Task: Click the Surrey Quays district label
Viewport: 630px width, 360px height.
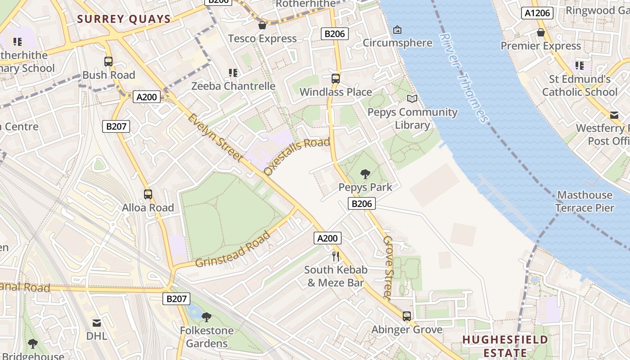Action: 124,19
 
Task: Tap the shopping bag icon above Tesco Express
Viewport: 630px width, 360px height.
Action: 262,25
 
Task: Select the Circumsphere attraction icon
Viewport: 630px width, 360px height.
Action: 397,30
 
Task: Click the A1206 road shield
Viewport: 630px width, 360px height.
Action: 538,13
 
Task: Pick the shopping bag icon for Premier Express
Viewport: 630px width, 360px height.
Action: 541,32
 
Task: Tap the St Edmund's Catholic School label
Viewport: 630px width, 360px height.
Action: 580,85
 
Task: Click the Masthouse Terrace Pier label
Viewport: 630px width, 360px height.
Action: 585,201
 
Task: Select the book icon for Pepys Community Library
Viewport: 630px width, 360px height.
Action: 412,99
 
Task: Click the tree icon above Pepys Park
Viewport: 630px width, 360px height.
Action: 365,174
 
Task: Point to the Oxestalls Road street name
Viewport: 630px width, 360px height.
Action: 297,156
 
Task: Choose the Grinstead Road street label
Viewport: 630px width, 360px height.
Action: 233,249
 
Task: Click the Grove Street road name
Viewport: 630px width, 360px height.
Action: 388,267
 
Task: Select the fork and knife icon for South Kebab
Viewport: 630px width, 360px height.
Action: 335,256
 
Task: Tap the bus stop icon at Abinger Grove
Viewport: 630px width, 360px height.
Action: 407,316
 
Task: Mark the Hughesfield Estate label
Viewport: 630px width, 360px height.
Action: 505,346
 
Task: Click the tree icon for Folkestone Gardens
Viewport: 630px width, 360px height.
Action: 207,317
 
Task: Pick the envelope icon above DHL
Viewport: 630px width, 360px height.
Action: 97,323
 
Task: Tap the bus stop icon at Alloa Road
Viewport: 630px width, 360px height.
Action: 148,194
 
